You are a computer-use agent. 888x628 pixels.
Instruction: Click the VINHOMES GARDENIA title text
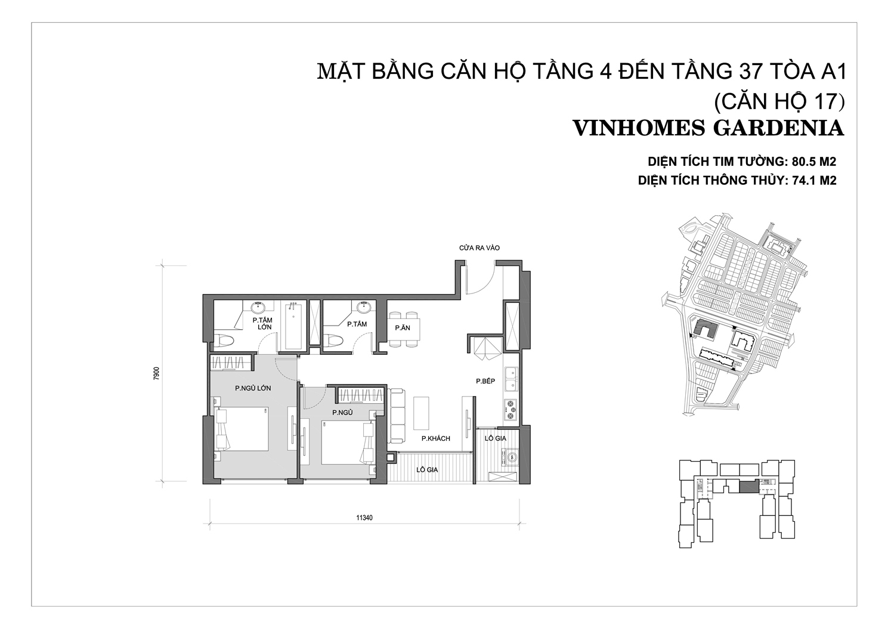[x=708, y=128]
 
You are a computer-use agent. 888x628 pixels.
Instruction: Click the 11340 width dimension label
[x=364, y=518]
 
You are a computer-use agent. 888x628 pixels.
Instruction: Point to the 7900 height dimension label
[x=156, y=373]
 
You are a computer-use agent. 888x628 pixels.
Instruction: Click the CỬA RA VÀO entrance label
[x=479, y=248]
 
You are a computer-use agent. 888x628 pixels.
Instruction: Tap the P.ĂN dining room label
[x=403, y=328]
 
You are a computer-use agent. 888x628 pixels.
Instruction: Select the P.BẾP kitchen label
[x=485, y=381]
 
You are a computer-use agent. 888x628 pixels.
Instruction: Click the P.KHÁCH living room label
[x=436, y=438]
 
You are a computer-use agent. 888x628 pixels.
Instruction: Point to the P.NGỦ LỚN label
[x=253, y=388]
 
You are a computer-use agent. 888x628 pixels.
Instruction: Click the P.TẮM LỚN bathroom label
[x=263, y=323]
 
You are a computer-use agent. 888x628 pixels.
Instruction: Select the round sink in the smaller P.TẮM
[x=364, y=307]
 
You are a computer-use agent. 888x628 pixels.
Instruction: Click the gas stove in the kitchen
[x=510, y=410]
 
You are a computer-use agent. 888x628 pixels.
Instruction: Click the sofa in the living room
[x=397, y=416]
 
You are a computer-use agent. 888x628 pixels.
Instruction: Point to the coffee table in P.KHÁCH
[x=421, y=413]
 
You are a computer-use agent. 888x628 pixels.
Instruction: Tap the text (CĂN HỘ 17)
[x=779, y=101]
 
